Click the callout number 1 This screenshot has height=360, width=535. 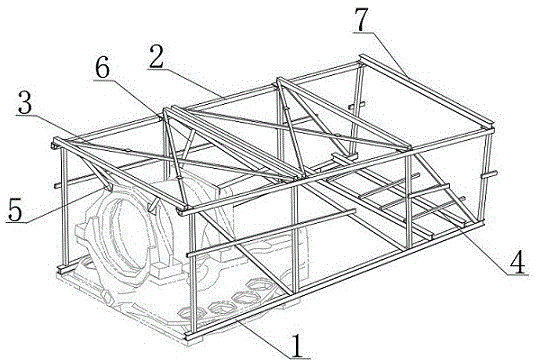click(x=298, y=345)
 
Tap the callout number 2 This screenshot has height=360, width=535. click(x=156, y=56)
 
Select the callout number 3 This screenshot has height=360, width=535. click(x=25, y=104)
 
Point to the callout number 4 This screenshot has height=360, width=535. click(x=519, y=262)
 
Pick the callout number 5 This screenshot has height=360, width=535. click(x=15, y=211)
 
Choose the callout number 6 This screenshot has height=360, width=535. click(x=102, y=68)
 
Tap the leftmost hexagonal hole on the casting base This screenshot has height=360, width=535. click(x=188, y=312)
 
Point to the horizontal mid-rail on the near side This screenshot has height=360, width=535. click(x=271, y=233)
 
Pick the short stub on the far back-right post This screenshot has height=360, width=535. click(x=357, y=105)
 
